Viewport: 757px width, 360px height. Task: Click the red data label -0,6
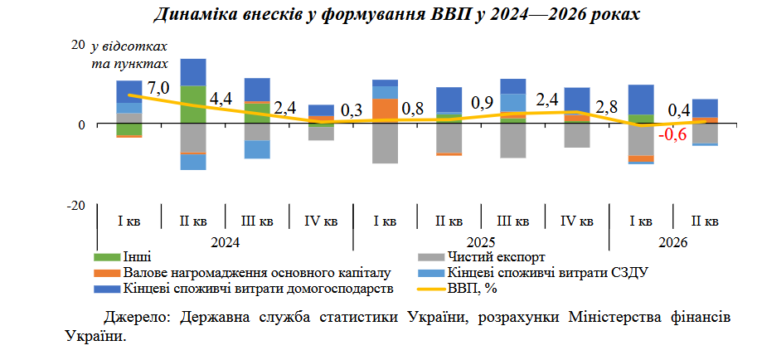(673, 135)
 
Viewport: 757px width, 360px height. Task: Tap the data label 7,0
(158, 88)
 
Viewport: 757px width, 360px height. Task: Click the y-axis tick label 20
(78, 45)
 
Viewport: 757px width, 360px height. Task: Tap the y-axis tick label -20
(75, 206)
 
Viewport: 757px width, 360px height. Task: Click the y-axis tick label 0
(81, 124)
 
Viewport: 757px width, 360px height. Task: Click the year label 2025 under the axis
(482, 242)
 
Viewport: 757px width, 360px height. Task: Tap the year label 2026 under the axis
(672, 242)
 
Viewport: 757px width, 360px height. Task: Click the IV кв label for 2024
(321, 221)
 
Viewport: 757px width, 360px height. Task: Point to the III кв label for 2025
(512, 221)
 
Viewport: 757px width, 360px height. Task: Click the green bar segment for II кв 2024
(193, 105)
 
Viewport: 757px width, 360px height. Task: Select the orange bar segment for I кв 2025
(386, 111)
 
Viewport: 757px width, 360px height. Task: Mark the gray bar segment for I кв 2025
(386, 144)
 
